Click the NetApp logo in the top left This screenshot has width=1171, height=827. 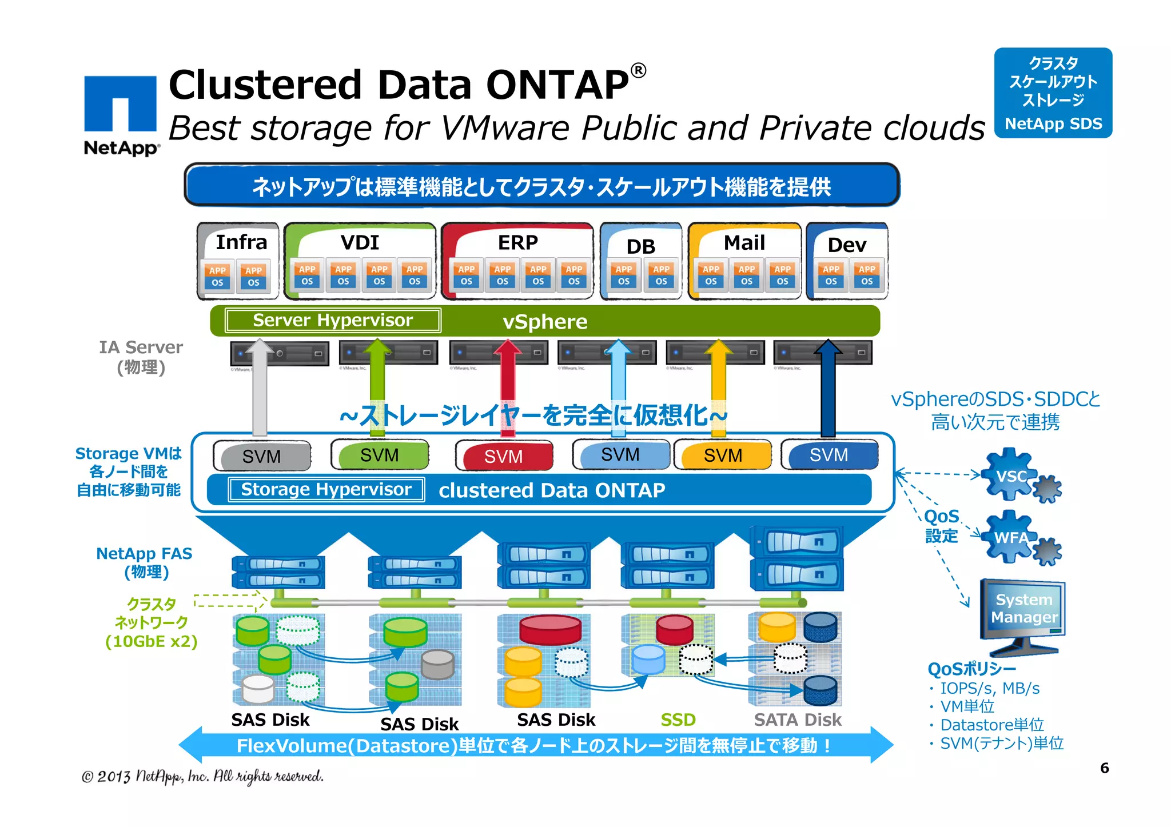[x=121, y=114]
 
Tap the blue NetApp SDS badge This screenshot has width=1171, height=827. [x=1053, y=93]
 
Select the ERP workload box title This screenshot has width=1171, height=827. [x=517, y=242]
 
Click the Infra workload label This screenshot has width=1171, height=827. [x=241, y=242]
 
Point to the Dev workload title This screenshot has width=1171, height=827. [x=847, y=245]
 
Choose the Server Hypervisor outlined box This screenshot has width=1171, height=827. [x=333, y=320]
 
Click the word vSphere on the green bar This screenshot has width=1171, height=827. [x=544, y=322]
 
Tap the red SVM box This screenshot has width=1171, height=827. [x=504, y=456]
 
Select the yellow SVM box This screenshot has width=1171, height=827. [x=723, y=456]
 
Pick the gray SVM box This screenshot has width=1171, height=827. [x=261, y=456]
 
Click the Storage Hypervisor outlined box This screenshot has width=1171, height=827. [x=326, y=490]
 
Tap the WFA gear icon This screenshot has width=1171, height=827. [x=1011, y=537]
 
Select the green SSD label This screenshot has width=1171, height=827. [x=678, y=720]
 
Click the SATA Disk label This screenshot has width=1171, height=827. [x=798, y=720]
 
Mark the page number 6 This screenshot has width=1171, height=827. [x=1104, y=768]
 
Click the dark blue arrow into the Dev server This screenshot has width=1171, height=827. [x=827, y=389]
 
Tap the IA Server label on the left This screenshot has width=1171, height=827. [x=141, y=347]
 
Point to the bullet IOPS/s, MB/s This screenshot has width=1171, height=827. [x=989, y=688]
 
